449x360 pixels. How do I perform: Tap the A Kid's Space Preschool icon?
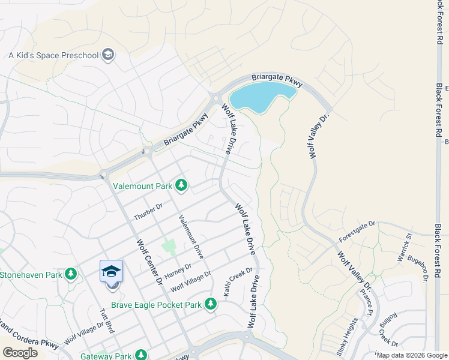108,55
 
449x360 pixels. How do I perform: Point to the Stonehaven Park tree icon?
71,274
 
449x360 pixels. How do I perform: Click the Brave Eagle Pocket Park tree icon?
210,304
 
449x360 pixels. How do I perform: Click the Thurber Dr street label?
148,212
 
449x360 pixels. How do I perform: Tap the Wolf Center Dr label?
150,262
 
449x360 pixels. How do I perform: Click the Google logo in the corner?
20,352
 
